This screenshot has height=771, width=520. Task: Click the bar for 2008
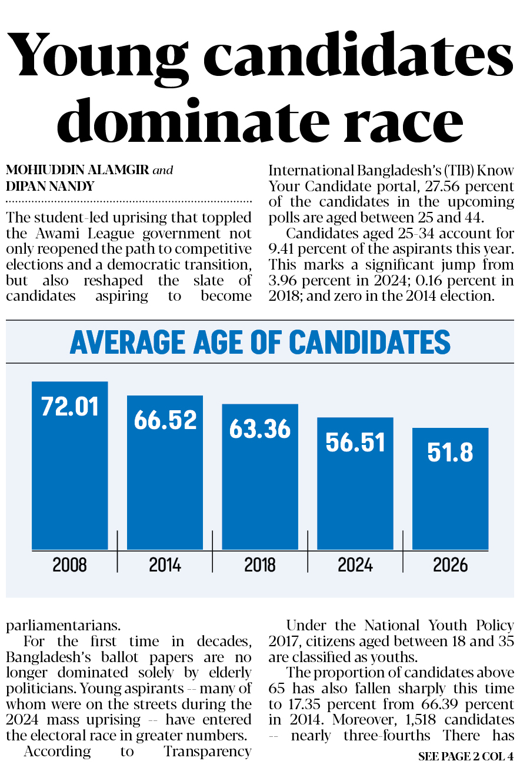tap(70, 471)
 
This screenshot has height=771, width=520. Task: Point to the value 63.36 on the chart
tap(260, 429)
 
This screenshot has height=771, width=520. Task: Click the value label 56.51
tap(355, 442)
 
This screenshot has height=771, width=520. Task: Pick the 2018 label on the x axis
tap(260, 565)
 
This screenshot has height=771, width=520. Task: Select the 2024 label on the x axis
tap(355, 565)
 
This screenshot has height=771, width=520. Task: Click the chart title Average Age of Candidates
tap(260, 342)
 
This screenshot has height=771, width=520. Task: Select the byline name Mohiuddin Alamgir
tap(77, 171)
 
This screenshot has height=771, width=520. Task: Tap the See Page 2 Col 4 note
tap(466, 756)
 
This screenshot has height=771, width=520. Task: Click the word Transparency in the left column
tap(208, 752)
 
